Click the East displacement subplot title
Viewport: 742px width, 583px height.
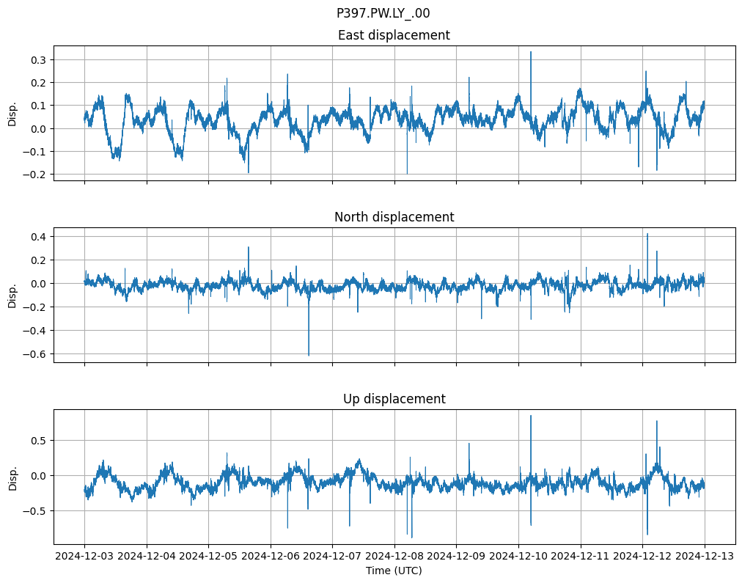(x=394, y=35)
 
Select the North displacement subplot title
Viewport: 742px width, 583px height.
(x=394, y=217)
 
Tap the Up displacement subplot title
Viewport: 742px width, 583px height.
(x=394, y=399)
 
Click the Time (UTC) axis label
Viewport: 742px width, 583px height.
(x=394, y=571)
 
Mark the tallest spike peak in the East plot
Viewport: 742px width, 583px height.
(x=531, y=52)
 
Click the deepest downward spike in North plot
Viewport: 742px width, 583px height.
(x=309, y=355)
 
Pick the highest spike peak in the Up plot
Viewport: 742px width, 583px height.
(x=531, y=416)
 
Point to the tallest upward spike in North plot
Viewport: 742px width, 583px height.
(x=647, y=234)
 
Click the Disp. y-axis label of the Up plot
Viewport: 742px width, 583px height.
(x=12, y=477)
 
